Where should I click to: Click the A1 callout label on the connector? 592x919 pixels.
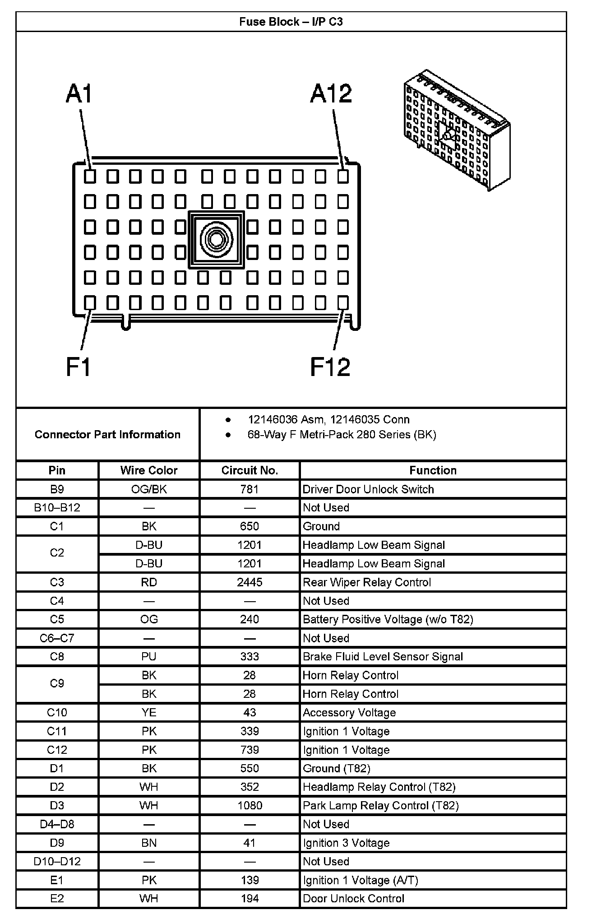pyautogui.click(x=79, y=94)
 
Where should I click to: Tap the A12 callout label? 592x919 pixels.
pyautogui.click(x=331, y=94)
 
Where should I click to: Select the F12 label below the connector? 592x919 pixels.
pyautogui.click(x=330, y=367)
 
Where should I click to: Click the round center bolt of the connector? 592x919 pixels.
pyautogui.click(x=216, y=239)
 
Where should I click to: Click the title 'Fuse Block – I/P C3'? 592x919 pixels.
pyautogui.click(x=291, y=22)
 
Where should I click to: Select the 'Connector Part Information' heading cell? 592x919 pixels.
pyautogui.click(x=107, y=434)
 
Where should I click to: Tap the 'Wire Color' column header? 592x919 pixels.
pyautogui.click(x=149, y=470)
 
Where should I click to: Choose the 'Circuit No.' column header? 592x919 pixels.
pyautogui.click(x=250, y=470)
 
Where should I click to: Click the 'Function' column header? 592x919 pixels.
pyautogui.click(x=433, y=470)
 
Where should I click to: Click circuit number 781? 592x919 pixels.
pyautogui.click(x=250, y=489)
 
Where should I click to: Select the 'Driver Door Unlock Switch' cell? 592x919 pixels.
pyautogui.click(x=368, y=489)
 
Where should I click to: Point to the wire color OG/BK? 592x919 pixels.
pyautogui.click(x=149, y=489)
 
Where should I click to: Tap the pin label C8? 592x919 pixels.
pyautogui.click(x=57, y=657)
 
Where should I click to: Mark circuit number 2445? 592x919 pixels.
pyautogui.click(x=250, y=582)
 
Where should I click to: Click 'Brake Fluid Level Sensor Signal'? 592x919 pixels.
pyautogui.click(x=383, y=657)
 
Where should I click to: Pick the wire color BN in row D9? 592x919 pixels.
pyautogui.click(x=149, y=843)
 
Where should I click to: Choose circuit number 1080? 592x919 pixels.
pyautogui.click(x=250, y=806)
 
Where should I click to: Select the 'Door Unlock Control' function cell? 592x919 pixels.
pyautogui.click(x=353, y=899)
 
